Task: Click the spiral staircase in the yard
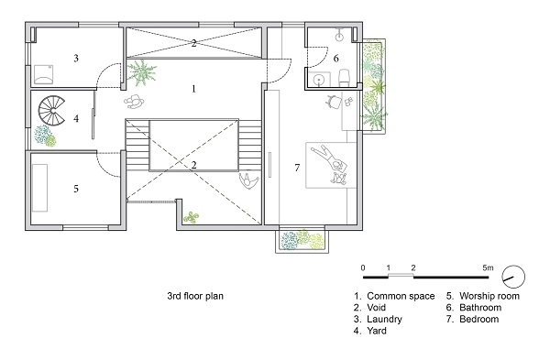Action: [x=51, y=111]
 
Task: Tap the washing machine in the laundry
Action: [x=43, y=75]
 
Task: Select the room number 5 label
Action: [x=76, y=189]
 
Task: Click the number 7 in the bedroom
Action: [x=297, y=168]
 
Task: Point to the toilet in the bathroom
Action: [x=344, y=78]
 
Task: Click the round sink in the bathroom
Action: [x=319, y=80]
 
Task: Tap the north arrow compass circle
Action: [x=513, y=277]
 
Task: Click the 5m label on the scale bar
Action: [x=488, y=268]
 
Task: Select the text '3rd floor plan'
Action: [x=195, y=296]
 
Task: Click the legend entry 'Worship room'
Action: [x=489, y=296]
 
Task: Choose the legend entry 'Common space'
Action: [x=401, y=296]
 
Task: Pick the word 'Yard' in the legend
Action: [x=377, y=331]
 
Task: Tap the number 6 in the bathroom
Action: [x=336, y=59]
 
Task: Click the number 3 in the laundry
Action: [x=76, y=59]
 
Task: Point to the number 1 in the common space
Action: [x=193, y=89]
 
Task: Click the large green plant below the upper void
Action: [x=142, y=72]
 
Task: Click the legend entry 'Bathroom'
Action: [x=480, y=308]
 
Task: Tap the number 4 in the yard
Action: [x=76, y=118]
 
